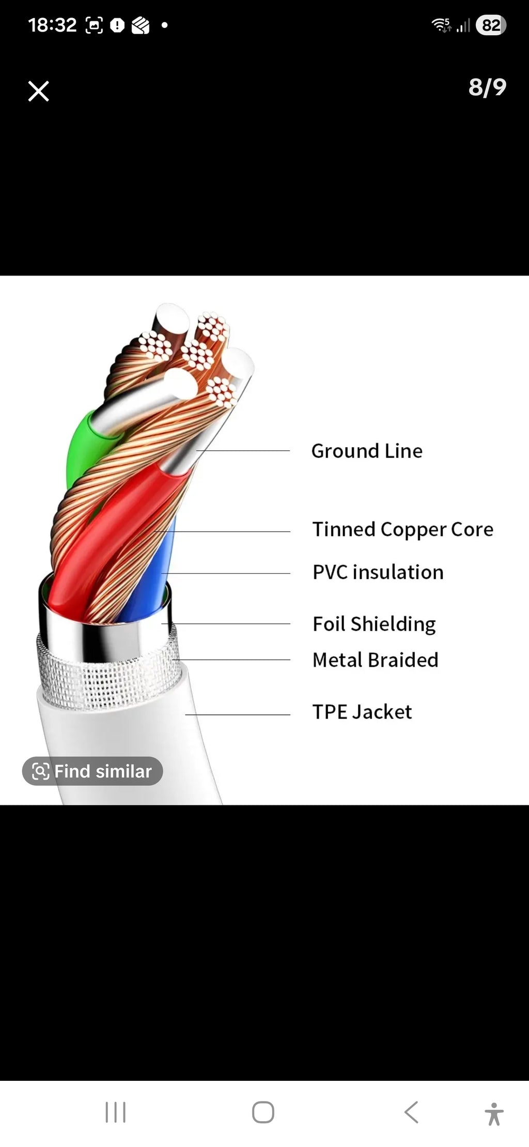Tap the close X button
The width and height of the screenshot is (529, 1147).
(x=38, y=91)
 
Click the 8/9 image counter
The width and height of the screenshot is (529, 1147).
(x=487, y=87)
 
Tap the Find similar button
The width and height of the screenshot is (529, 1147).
(x=92, y=771)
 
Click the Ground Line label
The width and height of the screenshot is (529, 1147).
(x=367, y=451)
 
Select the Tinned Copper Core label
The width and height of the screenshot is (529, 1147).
(x=403, y=529)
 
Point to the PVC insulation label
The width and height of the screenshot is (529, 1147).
(x=378, y=572)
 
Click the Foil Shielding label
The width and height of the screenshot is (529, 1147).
(x=374, y=624)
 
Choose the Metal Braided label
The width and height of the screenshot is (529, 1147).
(x=376, y=660)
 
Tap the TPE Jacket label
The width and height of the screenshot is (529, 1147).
(x=362, y=712)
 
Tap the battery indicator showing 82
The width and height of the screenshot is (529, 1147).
(x=491, y=25)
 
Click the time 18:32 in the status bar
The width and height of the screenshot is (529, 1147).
(x=52, y=25)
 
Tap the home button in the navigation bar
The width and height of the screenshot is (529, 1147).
(x=263, y=1112)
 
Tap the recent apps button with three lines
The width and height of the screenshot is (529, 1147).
(x=116, y=1112)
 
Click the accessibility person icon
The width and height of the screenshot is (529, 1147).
(x=494, y=1113)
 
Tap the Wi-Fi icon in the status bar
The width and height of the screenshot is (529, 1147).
(x=441, y=25)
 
